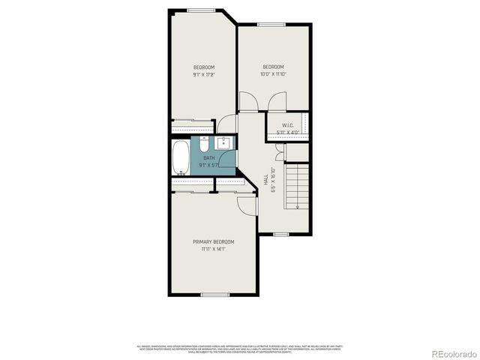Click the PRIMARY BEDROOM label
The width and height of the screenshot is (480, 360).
[x=214, y=241]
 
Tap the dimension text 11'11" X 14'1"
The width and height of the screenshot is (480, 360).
[x=214, y=249]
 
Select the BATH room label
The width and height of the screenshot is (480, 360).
[x=208, y=158]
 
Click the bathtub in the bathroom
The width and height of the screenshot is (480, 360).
[x=181, y=157]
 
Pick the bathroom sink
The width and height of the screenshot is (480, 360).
[x=223, y=144]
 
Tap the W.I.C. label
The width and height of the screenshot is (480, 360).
[x=288, y=125]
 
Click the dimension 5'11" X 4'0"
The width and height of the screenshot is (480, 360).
[x=288, y=133]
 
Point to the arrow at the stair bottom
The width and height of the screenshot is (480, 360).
[x=298, y=205]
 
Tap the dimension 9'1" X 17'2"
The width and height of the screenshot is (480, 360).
[x=204, y=75]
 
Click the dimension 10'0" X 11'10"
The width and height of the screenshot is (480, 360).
[x=273, y=74]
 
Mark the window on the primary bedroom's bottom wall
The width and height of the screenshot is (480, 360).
[x=214, y=295]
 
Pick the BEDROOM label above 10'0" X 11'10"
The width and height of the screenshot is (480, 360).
[x=273, y=67]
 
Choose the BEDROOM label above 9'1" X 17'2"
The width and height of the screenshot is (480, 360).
[x=204, y=67]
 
